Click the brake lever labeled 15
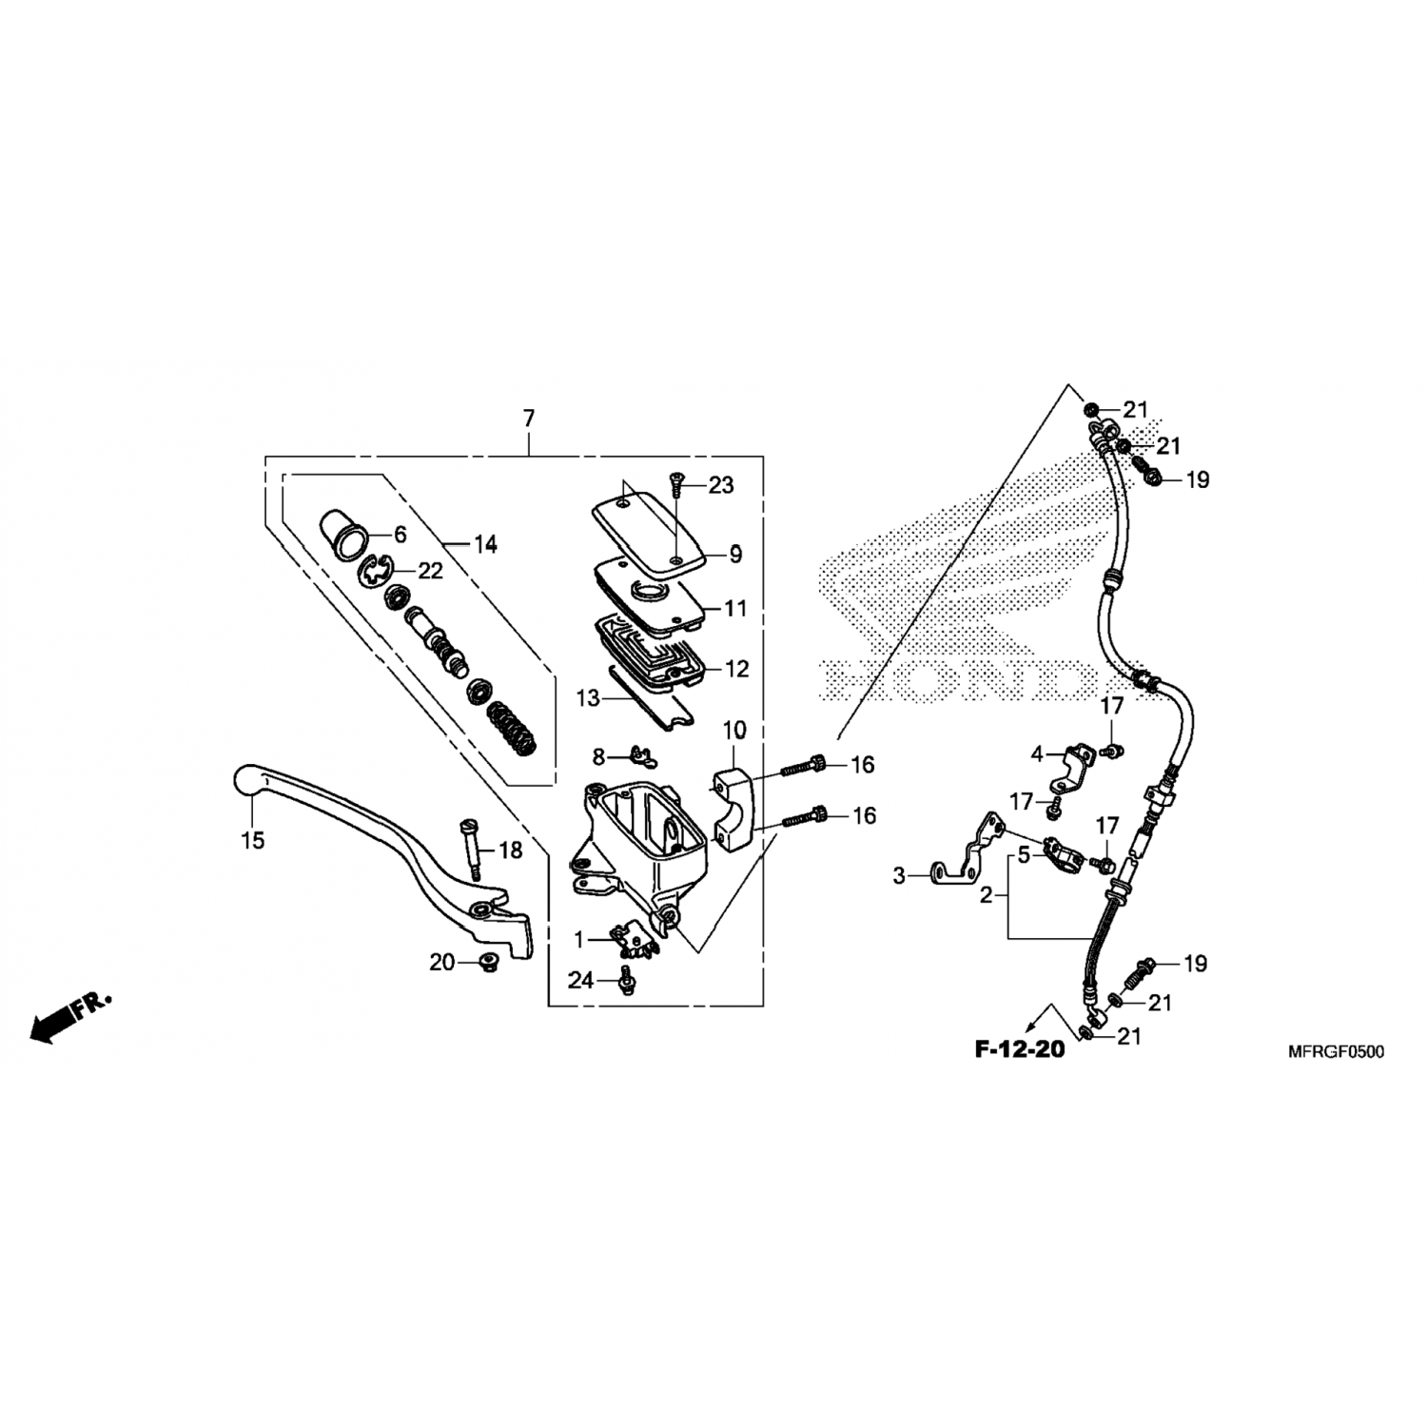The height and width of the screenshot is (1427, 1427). [x=381, y=837]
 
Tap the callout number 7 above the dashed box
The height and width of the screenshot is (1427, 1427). [x=529, y=418]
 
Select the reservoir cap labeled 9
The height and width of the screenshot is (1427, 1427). [x=650, y=536]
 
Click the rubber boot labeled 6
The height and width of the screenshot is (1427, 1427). [x=342, y=535]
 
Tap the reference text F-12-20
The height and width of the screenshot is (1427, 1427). [x=1019, y=1050]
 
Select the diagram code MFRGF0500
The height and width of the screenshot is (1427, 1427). [x=1336, y=1051]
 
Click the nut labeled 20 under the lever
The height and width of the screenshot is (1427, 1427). [x=489, y=961]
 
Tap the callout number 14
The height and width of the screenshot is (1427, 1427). [x=485, y=545]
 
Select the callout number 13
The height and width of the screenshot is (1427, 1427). [x=588, y=698]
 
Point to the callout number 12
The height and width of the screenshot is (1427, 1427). [x=736, y=669]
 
